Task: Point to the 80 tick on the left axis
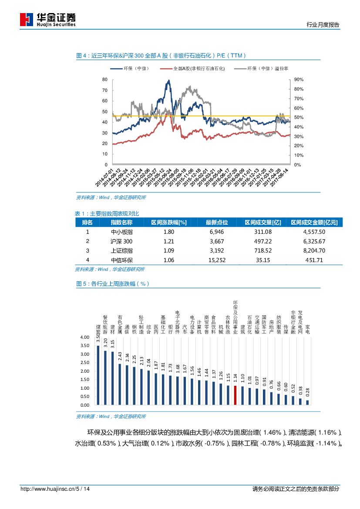click(x=104, y=80)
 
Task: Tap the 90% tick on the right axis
click(x=299, y=80)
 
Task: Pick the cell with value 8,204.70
click(x=314, y=250)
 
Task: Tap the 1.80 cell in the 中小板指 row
click(x=168, y=232)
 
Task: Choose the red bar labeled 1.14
click(x=235, y=395)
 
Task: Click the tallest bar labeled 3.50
click(x=98, y=375)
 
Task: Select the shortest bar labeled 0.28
click(x=307, y=402)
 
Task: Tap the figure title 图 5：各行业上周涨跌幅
click(x=113, y=283)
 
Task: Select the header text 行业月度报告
click(x=323, y=25)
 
